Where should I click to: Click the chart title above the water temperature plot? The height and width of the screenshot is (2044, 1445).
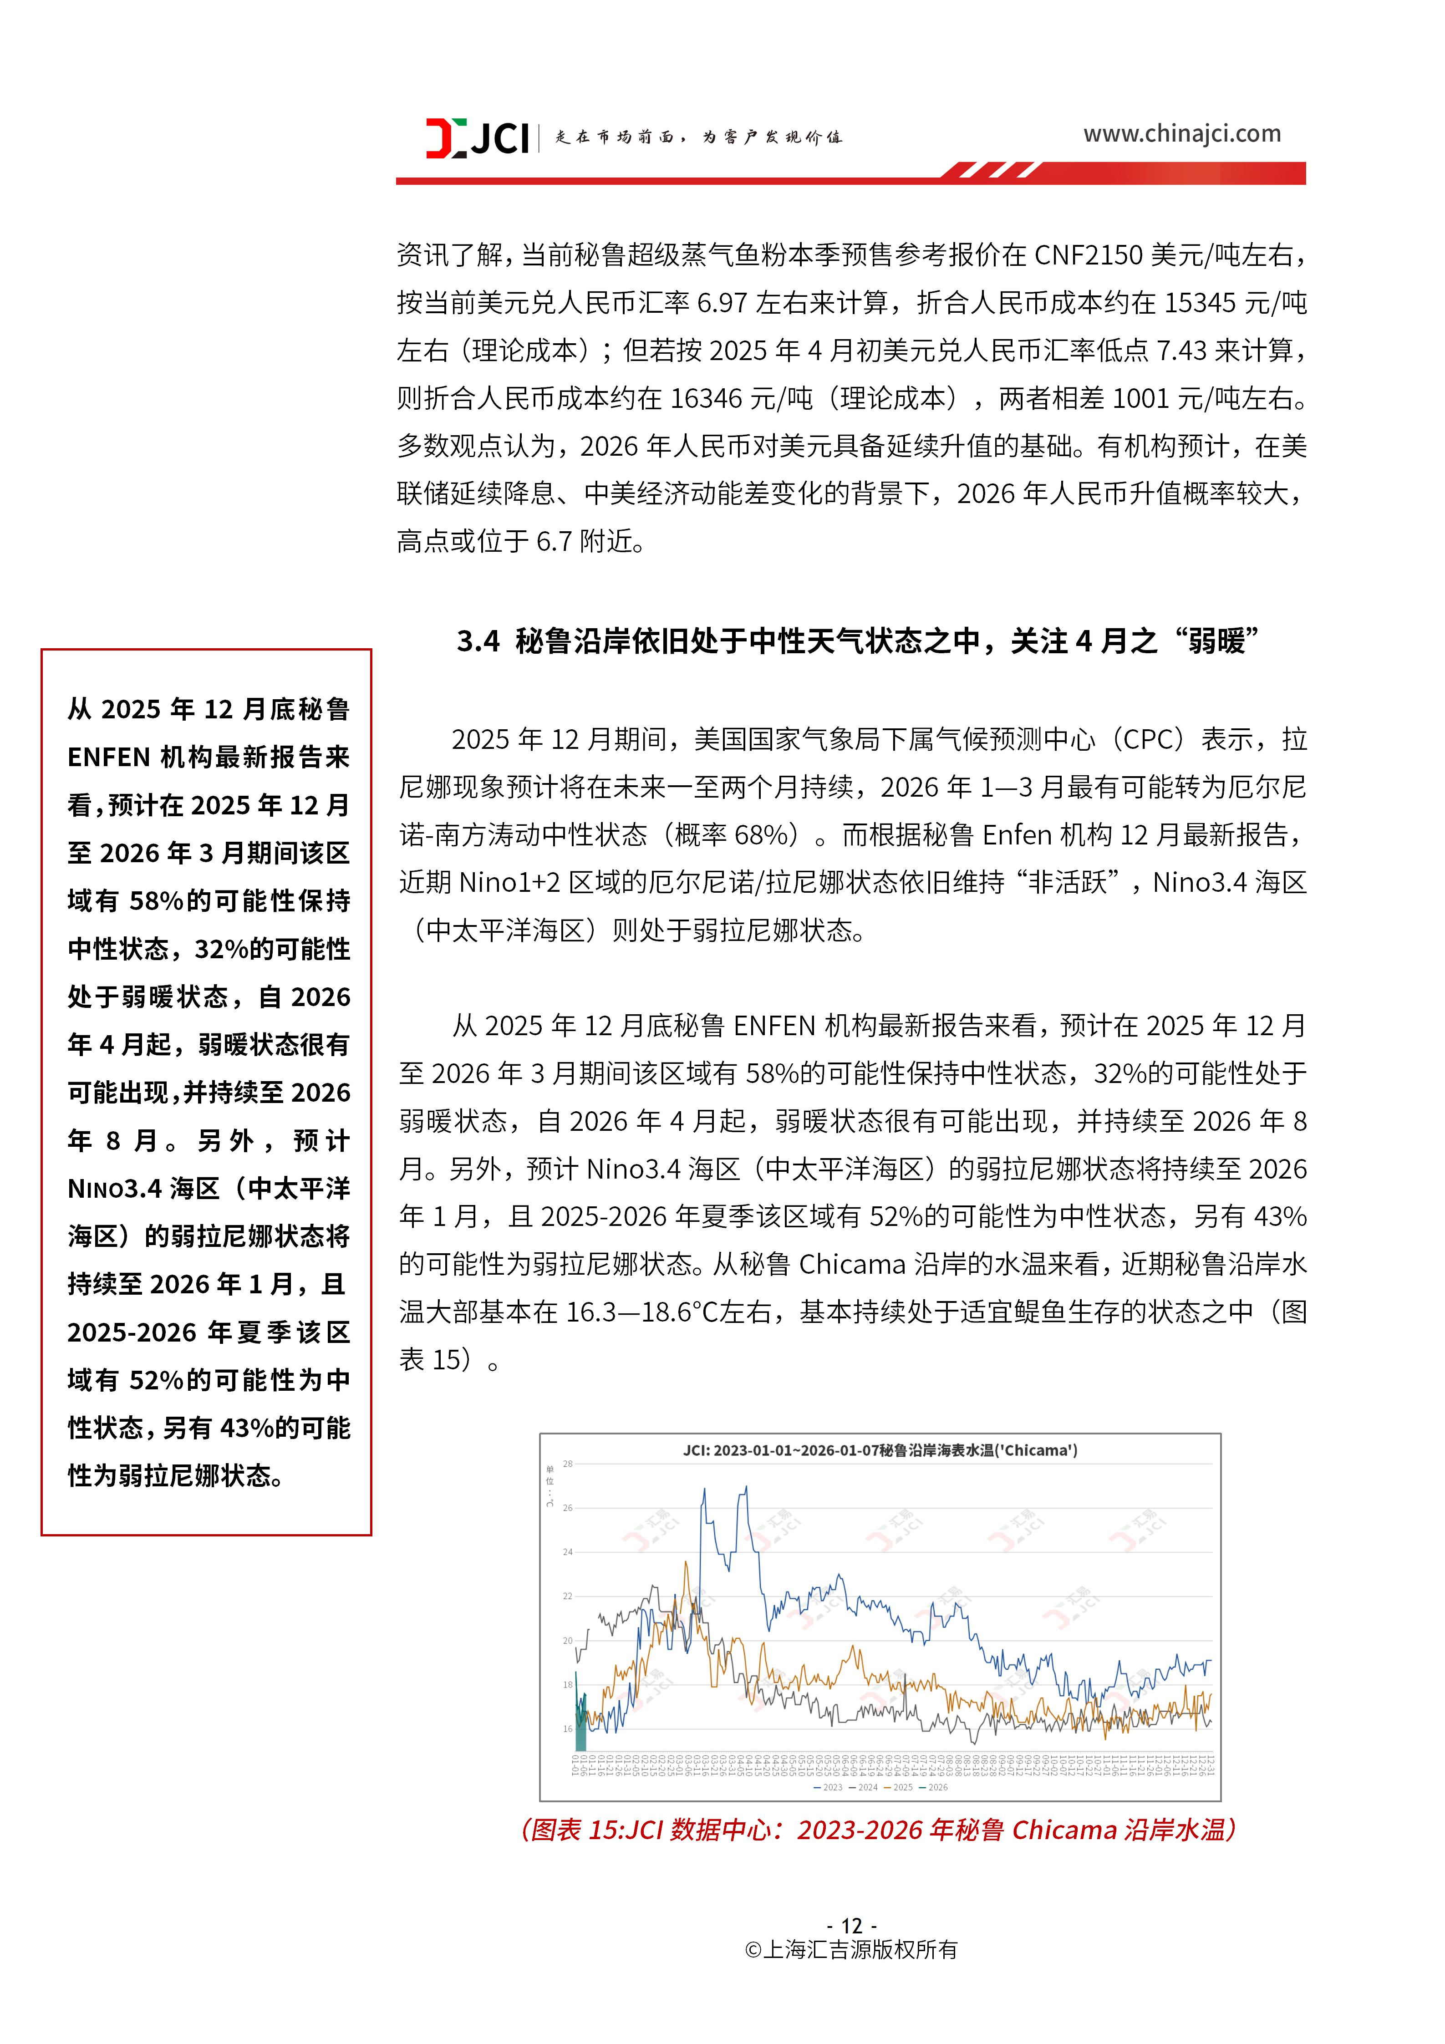pos(880,1450)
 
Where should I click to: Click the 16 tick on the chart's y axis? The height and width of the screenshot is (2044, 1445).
pos(567,1729)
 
